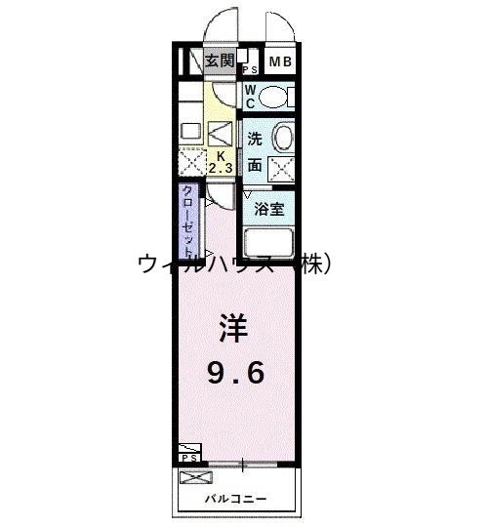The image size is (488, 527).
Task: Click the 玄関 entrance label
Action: click(x=219, y=61)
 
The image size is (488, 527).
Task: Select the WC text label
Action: click(x=250, y=95)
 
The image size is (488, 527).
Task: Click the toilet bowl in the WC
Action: click(x=277, y=96)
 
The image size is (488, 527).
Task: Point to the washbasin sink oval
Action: click(x=282, y=136)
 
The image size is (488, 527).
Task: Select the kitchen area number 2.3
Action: click(x=219, y=168)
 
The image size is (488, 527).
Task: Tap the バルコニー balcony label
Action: click(x=235, y=499)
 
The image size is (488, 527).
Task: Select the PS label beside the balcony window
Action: click(x=189, y=457)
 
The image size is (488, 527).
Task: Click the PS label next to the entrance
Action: click(x=250, y=69)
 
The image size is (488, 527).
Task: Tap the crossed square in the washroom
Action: click(x=282, y=168)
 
